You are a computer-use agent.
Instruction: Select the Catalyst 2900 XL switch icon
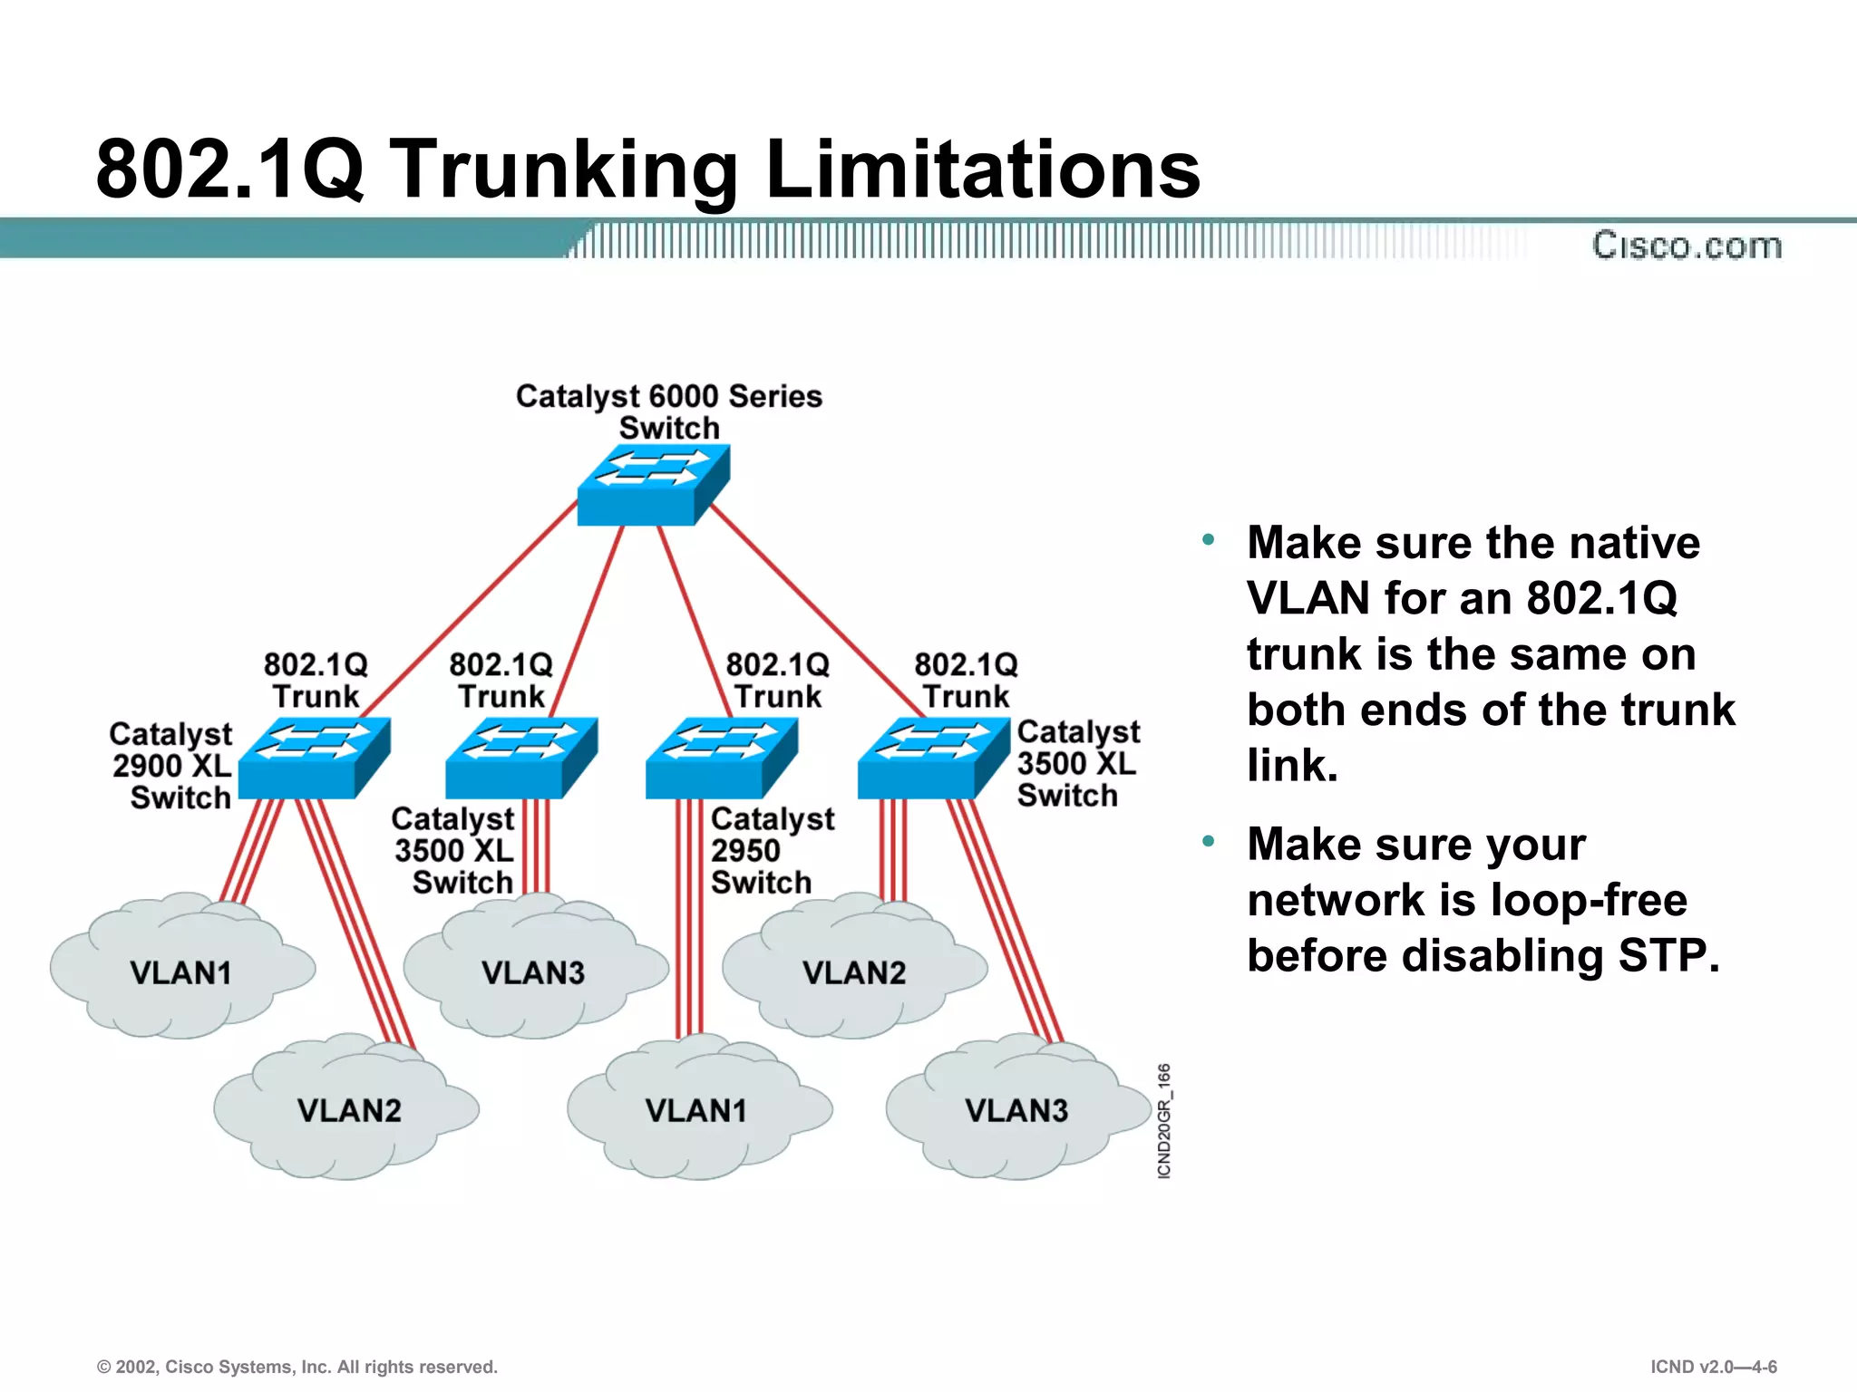[x=313, y=759]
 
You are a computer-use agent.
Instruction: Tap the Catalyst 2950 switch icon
[x=720, y=759]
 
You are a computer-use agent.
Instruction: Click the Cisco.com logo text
[x=1687, y=246]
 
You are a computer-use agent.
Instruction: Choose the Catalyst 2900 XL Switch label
[x=172, y=766]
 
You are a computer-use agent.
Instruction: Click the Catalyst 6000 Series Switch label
[x=668, y=411]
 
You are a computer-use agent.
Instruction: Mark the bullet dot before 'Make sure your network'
[x=1208, y=842]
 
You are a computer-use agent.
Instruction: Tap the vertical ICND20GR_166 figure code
[x=1164, y=1121]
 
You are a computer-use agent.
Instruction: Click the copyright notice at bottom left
[x=297, y=1367]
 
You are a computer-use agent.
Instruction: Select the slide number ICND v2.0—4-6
[x=1713, y=1367]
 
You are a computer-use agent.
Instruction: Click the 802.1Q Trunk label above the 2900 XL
[x=316, y=680]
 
